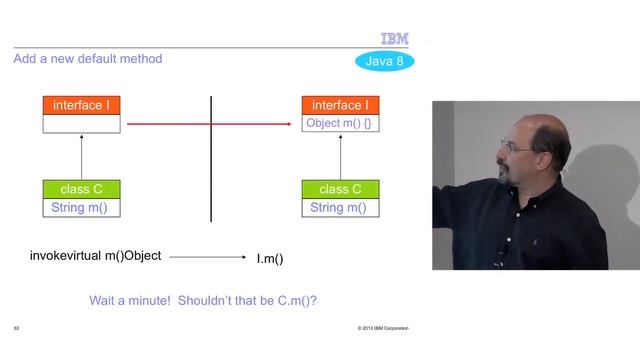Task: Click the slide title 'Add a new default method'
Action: [88, 59]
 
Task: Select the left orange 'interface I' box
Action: [81, 105]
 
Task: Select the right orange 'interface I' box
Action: [341, 105]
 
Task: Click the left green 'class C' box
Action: [81, 189]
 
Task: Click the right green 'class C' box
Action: [341, 189]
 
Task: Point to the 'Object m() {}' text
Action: [341, 124]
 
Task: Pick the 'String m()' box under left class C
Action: [81, 208]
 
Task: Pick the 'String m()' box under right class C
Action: [341, 208]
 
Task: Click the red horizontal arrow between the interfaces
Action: [210, 124]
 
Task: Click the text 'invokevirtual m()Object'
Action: [95, 257]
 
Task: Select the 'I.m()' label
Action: [270, 259]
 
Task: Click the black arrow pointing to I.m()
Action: [208, 258]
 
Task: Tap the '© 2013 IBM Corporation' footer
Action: [382, 329]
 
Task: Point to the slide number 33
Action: [16, 329]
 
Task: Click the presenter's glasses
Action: [517, 147]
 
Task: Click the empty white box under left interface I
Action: [81, 124]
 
